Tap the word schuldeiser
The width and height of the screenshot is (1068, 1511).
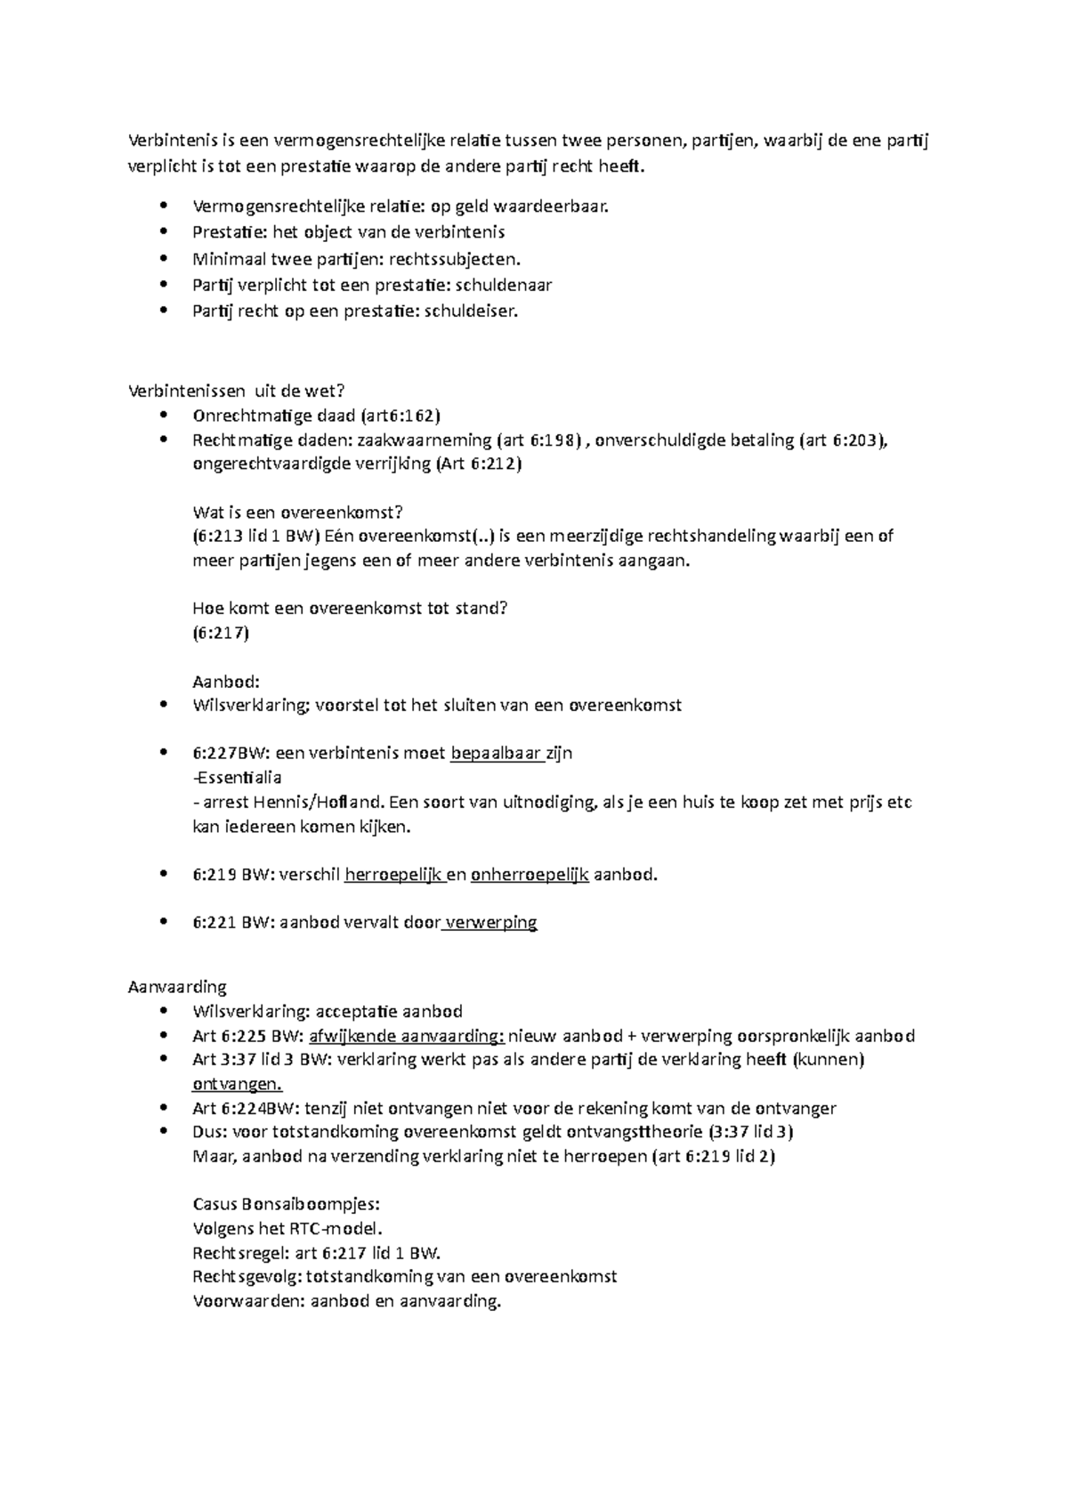[470, 311]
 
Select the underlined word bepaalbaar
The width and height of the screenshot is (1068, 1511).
[497, 753]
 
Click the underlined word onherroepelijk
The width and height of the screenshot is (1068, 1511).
[530, 874]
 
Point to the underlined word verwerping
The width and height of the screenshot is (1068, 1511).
[490, 922]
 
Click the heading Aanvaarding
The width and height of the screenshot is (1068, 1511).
[177, 986]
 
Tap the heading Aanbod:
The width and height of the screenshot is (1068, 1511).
[226, 682]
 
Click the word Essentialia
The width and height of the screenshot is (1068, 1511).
[238, 777]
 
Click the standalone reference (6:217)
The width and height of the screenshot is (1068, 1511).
[221, 633]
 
